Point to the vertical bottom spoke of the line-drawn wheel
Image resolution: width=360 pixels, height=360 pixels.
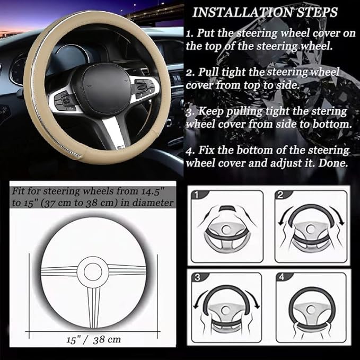93,302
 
